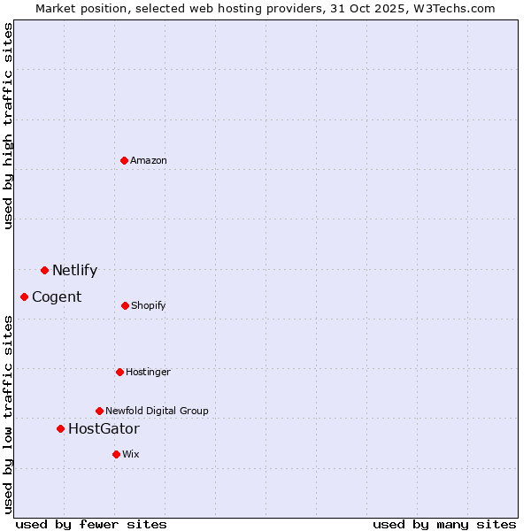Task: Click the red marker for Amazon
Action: [x=125, y=160]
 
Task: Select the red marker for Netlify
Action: [x=44, y=270]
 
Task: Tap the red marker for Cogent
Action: [x=24, y=296]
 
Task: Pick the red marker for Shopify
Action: [x=125, y=305]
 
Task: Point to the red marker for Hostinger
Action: [x=119, y=372]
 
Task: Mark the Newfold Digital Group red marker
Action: [x=99, y=411]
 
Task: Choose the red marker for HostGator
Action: [x=60, y=428]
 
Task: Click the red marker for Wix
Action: [x=116, y=454]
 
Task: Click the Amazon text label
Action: [x=149, y=160]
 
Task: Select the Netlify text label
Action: [x=74, y=271]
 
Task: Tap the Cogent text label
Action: [x=57, y=297]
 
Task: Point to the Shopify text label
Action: [x=149, y=306]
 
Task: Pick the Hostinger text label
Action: [x=148, y=373]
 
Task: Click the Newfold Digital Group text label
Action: [x=157, y=411]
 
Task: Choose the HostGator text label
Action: [x=104, y=429]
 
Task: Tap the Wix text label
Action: [x=131, y=454]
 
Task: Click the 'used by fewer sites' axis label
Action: [x=91, y=524]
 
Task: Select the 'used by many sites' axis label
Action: [x=444, y=524]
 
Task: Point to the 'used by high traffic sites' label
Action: [x=9, y=127]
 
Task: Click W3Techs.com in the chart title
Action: [x=450, y=8]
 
